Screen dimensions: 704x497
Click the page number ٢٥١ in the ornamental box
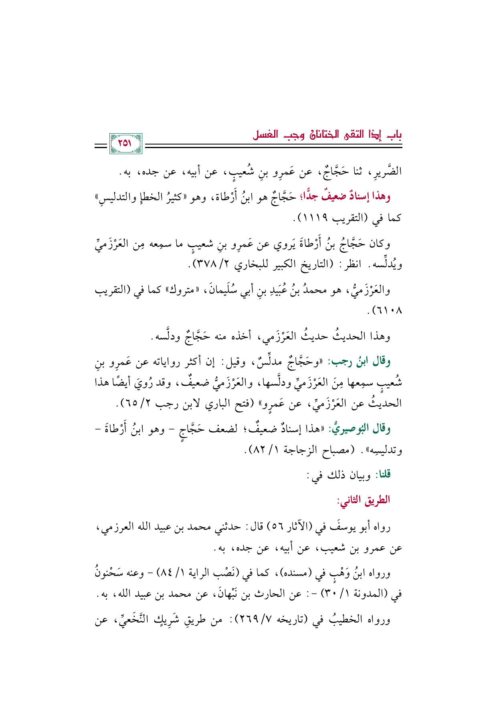(x=125, y=143)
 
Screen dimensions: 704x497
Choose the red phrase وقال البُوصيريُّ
(x=360, y=429)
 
